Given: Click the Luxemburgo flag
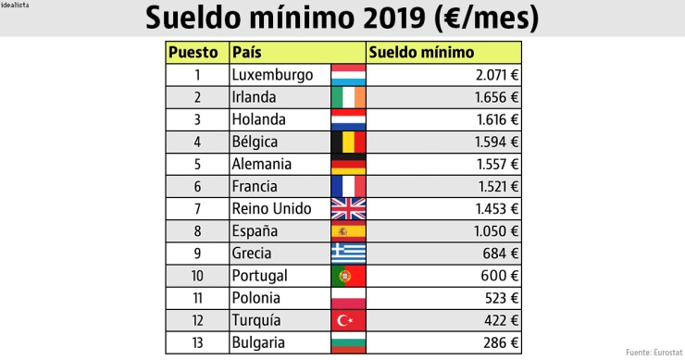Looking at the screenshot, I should pos(348,75).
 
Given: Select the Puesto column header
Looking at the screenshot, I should pos(194,53).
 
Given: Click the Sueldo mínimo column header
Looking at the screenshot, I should pos(421,53).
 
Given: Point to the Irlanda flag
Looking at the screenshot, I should pos(348,97).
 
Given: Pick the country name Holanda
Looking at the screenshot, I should pos(259,119).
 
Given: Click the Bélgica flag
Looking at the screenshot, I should pos(348,142).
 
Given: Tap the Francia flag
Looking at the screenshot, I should pos(348,186).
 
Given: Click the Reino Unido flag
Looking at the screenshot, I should pos(348,208).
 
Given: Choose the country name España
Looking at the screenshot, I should pos(256,230).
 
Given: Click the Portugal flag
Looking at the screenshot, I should pos(348,275).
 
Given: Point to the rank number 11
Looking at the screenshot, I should pos(196,297).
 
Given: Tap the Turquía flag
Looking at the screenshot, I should pos(348,319).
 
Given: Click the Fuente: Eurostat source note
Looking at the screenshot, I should pos(654,353).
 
